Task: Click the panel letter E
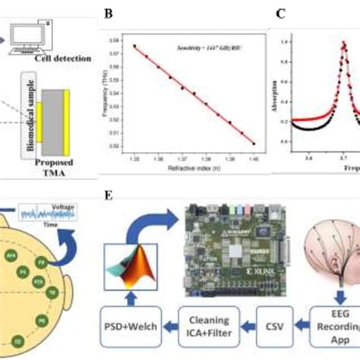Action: click(x=109, y=196)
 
